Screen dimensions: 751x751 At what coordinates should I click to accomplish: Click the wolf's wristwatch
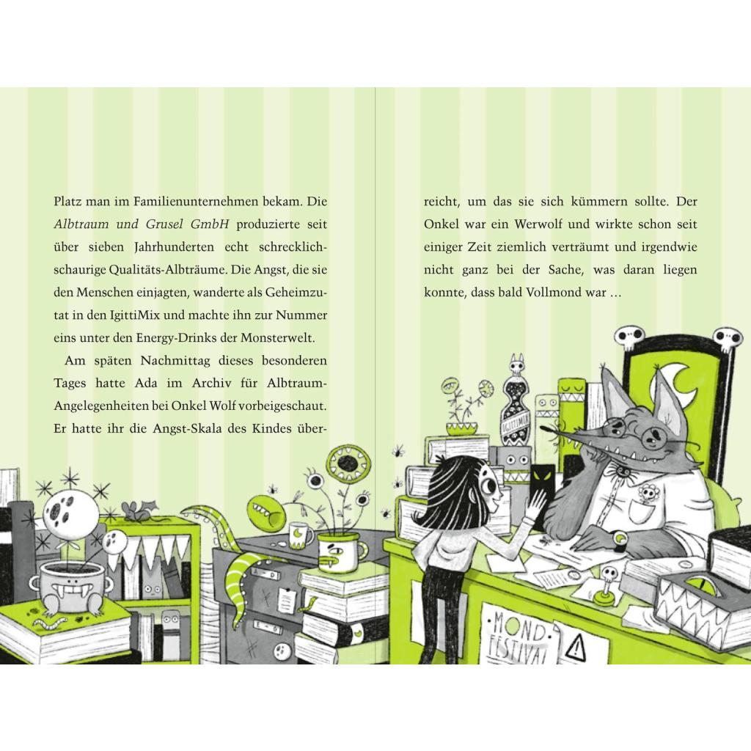(620, 538)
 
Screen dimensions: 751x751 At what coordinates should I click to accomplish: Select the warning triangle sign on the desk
(576, 648)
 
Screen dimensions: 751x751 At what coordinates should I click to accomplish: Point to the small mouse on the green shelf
(135, 510)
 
